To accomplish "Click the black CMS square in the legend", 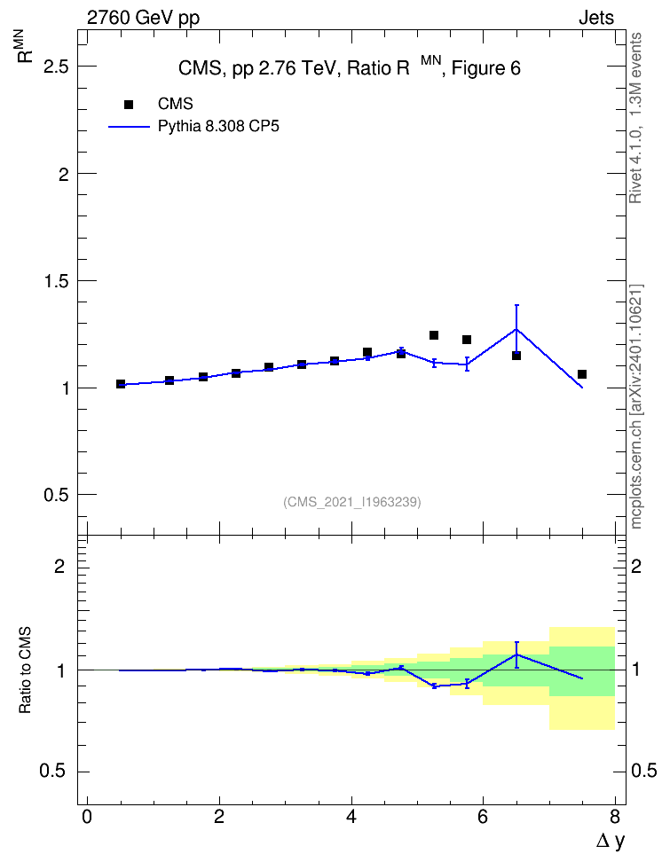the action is pyautogui.click(x=129, y=105).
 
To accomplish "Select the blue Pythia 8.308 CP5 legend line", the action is pyautogui.click(x=129, y=127).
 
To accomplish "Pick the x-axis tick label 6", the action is pyautogui.click(x=483, y=817).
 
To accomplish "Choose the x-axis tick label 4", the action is pyautogui.click(x=351, y=817).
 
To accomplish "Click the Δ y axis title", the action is pyautogui.click(x=611, y=841).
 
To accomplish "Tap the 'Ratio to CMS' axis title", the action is pyautogui.click(x=25, y=670).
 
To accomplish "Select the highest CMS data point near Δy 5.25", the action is pyautogui.click(x=434, y=335).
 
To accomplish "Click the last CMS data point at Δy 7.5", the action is pyautogui.click(x=581, y=374).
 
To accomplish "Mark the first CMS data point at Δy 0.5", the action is pyautogui.click(x=121, y=384).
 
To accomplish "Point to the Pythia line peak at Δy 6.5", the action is pyautogui.click(x=516, y=329).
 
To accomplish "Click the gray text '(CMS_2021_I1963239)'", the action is pyautogui.click(x=352, y=502).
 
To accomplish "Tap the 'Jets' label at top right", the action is pyautogui.click(x=596, y=18).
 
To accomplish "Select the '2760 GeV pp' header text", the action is pyautogui.click(x=143, y=18).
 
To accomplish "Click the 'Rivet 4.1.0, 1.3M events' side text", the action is pyautogui.click(x=635, y=118).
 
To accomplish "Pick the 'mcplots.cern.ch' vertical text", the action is pyautogui.click(x=635, y=471).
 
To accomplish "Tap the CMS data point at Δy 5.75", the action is pyautogui.click(x=467, y=340).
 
